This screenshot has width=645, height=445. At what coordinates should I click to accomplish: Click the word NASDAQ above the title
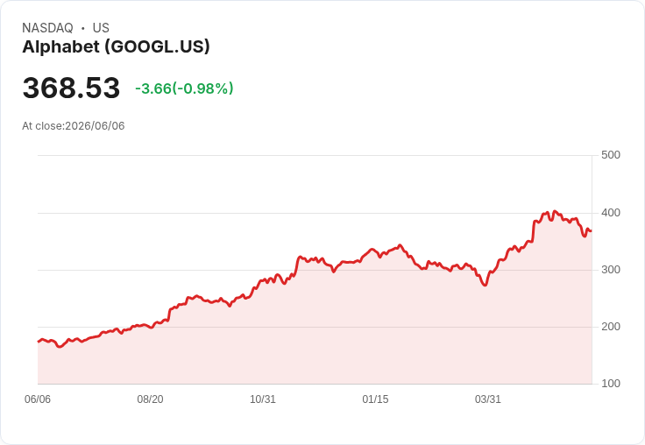(x=47, y=28)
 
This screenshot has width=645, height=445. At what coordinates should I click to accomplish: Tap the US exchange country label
(x=101, y=28)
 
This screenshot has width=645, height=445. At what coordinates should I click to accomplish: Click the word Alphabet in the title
(x=60, y=47)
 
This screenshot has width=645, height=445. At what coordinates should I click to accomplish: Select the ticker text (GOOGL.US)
(x=157, y=47)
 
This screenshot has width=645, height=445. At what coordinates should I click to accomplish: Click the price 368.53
(x=71, y=88)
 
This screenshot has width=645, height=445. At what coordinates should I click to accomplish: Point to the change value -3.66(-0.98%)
(x=184, y=88)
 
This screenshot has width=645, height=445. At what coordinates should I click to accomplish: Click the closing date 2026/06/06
(x=95, y=126)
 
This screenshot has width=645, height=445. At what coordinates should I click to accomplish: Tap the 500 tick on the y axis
(x=611, y=155)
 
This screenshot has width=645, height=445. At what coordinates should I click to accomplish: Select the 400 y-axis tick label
(x=611, y=213)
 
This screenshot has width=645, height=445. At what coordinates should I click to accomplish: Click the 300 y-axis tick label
(x=611, y=270)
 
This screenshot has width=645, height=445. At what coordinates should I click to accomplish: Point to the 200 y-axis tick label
(x=611, y=327)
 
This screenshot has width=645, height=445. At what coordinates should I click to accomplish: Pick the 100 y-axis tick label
(x=611, y=384)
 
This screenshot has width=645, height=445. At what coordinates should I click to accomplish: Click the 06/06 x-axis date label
(x=38, y=399)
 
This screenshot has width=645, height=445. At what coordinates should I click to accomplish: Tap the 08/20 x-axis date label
(x=150, y=399)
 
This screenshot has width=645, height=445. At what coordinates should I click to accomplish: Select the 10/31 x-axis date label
(x=263, y=399)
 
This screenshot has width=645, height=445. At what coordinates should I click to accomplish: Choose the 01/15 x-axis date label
(x=375, y=399)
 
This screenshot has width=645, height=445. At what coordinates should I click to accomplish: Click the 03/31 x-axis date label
(x=488, y=399)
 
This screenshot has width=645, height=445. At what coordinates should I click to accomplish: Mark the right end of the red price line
(x=592, y=231)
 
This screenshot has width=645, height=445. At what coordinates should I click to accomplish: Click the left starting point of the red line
(x=39, y=342)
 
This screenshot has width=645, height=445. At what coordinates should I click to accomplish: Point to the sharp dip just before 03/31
(x=486, y=285)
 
